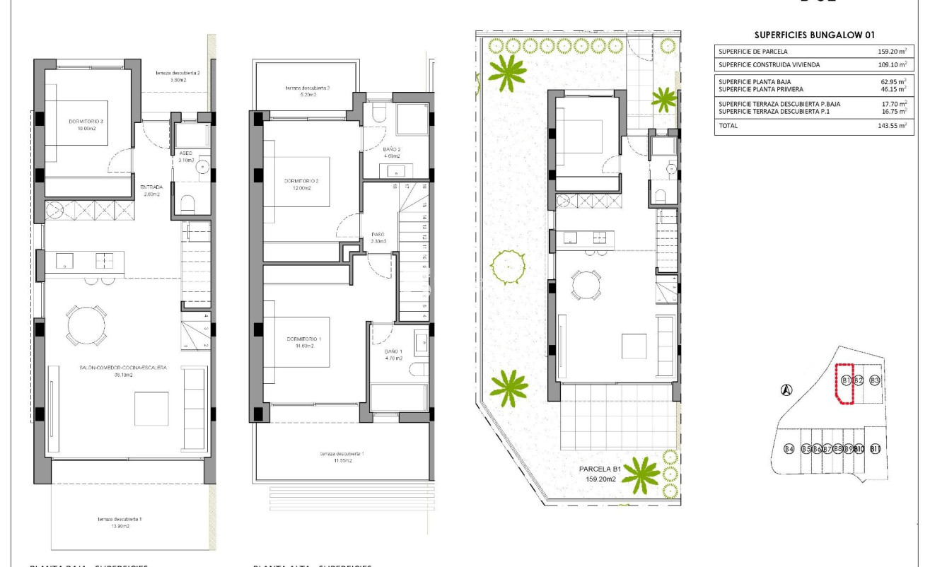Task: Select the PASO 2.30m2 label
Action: click(x=378, y=238)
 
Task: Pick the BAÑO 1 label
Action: click(x=393, y=354)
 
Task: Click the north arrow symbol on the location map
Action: click(x=786, y=389)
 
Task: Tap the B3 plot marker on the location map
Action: click(x=874, y=380)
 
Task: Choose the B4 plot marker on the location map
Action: click(x=789, y=449)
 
